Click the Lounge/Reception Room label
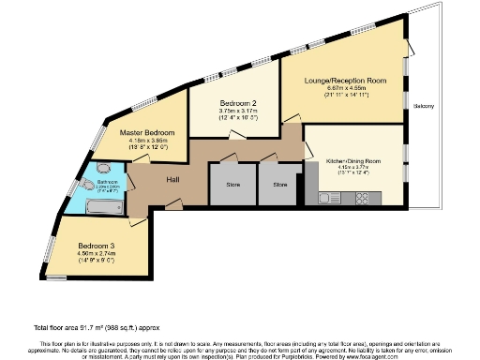344,82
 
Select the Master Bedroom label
148,133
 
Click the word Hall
173,180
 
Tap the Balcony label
423,106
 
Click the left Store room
232,186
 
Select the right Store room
280,186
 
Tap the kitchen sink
330,198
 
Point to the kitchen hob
361,198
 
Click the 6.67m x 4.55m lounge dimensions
344,91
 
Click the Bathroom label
106,182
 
